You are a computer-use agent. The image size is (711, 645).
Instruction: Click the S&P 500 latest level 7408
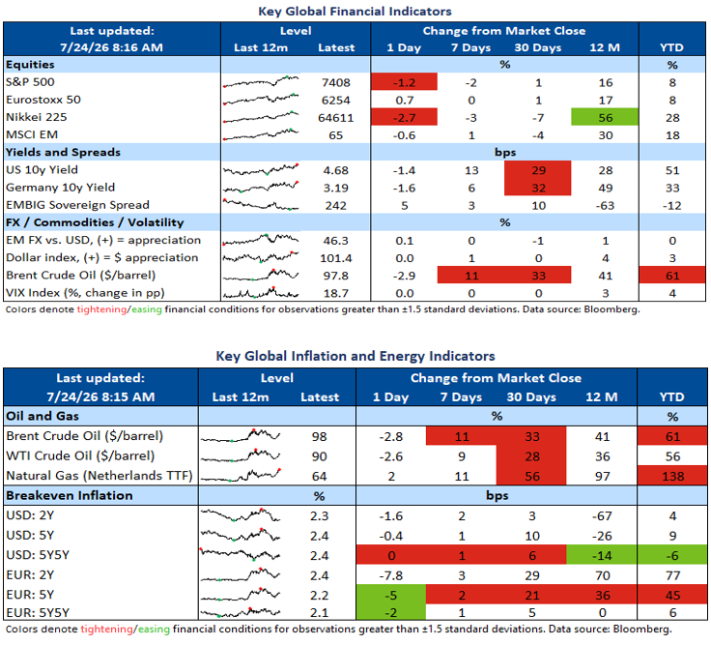(x=335, y=82)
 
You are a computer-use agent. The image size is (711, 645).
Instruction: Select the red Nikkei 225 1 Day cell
(x=404, y=117)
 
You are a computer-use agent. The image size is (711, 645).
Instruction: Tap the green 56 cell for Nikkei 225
(x=605, y=117)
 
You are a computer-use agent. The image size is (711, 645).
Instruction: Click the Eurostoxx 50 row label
(x=43, y=100)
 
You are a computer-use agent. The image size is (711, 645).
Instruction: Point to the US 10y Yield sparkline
(x=261, y=170)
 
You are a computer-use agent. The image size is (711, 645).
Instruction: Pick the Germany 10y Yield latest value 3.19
(x=335, y=188)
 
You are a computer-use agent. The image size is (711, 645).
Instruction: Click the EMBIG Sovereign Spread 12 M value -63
(x=605, y=206)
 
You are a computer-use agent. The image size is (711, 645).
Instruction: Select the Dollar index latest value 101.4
(x=335, y=258)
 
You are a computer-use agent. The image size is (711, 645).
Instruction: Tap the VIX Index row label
(x=85, y=293)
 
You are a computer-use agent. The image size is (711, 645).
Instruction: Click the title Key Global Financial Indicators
(x=355, y=12)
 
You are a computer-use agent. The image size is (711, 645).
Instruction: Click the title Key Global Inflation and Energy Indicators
(x=355, y=356)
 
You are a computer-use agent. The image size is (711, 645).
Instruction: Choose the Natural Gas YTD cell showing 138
(x=672, y=476)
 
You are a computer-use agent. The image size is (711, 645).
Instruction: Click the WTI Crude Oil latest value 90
(x=319, y=456)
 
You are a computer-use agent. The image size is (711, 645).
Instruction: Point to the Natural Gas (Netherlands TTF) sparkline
(x=241, y=475)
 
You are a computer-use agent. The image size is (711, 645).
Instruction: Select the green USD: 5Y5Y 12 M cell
(x=602, y=555)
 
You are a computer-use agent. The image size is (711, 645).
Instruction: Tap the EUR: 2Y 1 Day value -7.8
(x=390, y=575)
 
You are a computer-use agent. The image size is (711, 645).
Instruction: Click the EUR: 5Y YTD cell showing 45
(x=672, y=595)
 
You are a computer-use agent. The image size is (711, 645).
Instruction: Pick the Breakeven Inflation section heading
(x=70, y=495)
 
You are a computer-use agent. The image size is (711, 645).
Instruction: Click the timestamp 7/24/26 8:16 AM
(x=111, y=47)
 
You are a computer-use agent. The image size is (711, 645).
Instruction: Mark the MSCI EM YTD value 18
(x=672, y=135)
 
